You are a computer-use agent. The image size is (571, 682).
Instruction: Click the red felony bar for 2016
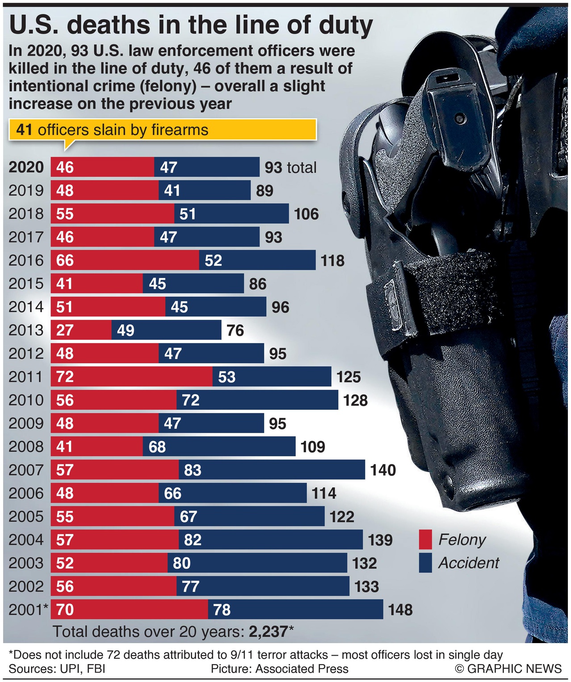[125, 260]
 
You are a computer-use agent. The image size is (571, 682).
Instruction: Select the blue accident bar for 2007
[272, 470]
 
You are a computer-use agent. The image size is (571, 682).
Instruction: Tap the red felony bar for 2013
[81, 330]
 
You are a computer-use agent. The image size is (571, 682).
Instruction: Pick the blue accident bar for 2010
[257, 400]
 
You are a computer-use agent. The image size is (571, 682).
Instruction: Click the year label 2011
[26, 377]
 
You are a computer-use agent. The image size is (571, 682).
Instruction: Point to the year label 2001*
[28, 610]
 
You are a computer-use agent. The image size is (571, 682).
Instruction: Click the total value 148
[400, 610]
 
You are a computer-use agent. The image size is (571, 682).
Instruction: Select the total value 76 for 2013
[235, 331]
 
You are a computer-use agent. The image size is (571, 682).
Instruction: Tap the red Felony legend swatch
[425, 539]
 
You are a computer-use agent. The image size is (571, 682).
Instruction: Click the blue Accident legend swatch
[425, 563]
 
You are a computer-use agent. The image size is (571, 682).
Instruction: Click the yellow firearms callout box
[163, 130]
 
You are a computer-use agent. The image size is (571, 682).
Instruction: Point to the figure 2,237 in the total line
[268, 632]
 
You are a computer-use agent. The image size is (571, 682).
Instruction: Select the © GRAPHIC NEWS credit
[508, 669]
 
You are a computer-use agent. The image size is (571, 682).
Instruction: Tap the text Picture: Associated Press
[279, 669]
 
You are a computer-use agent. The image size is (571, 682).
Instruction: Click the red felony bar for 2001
[129, 610]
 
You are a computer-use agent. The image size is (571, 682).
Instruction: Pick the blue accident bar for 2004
[270, 540]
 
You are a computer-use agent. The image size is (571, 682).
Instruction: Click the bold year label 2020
[26, 167]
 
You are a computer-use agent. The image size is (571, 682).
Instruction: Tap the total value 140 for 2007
[383, 470]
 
